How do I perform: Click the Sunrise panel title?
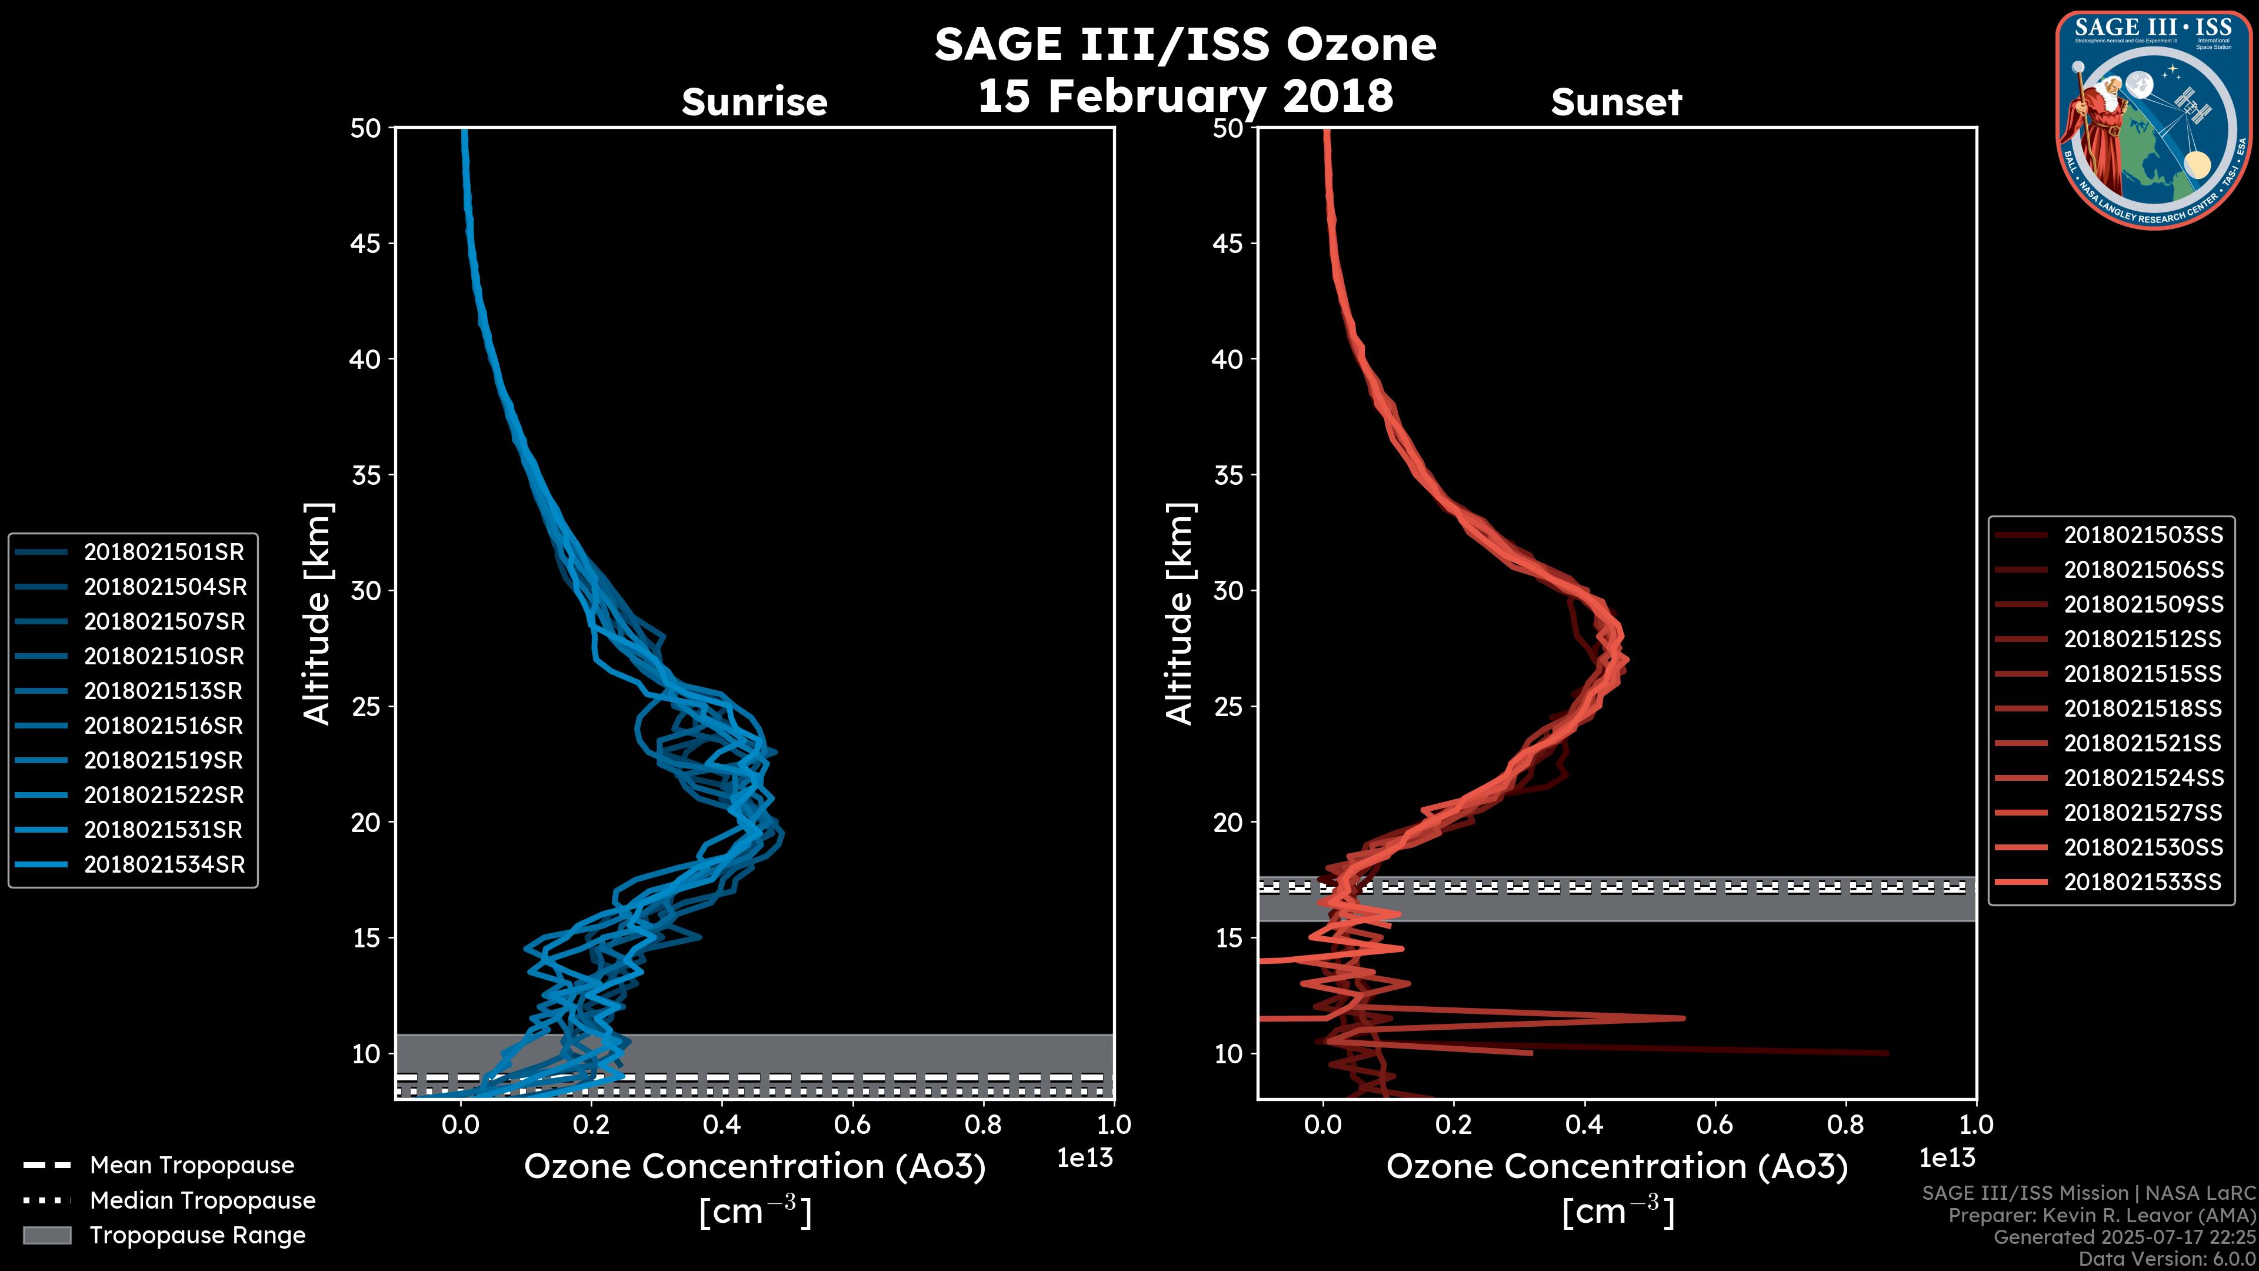click(x=754, y=102)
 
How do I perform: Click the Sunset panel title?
click(x=1616, y=102)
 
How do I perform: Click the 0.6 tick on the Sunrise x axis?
click(x=852, y=1124)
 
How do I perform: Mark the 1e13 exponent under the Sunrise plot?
click(x=1085, y=1158)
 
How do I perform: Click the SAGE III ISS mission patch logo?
click(x=2154, y=119)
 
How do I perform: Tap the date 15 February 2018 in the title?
click(x=1185, y=95)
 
